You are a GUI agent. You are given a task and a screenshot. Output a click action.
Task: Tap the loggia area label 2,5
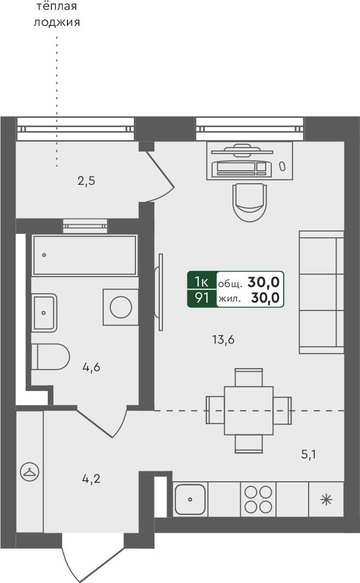coord(86,181)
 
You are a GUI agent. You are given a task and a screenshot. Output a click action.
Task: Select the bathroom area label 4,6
coord(91,368)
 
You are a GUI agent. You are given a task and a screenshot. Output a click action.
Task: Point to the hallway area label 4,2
coord(91,479)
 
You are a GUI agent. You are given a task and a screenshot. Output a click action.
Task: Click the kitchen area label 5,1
coord(309,455)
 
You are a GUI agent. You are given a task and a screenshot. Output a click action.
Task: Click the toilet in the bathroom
coord(50,357)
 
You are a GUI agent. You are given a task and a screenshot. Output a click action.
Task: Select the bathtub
coord(85,255)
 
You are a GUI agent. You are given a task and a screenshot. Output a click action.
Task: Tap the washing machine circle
coord(121,307)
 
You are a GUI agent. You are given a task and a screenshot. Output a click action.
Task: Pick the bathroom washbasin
coord(44,313)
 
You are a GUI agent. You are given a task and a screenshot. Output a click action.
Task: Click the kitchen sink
coord(190,499)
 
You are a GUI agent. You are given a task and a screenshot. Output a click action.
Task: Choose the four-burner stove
coord(258,499)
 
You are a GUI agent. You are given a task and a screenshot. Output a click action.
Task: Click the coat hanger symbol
coord(29,472)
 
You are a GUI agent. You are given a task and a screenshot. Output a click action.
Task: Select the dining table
coord(248,410)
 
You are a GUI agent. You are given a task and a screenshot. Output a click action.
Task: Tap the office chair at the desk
coord(250,201)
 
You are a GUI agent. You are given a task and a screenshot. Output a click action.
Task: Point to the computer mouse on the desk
coord(282,166)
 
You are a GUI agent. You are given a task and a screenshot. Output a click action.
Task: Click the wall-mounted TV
coord(160,292)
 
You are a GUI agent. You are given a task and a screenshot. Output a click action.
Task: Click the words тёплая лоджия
coord(57,15)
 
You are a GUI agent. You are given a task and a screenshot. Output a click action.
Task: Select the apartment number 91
coord(201,298)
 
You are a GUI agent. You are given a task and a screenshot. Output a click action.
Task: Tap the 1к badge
coord(201,282)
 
